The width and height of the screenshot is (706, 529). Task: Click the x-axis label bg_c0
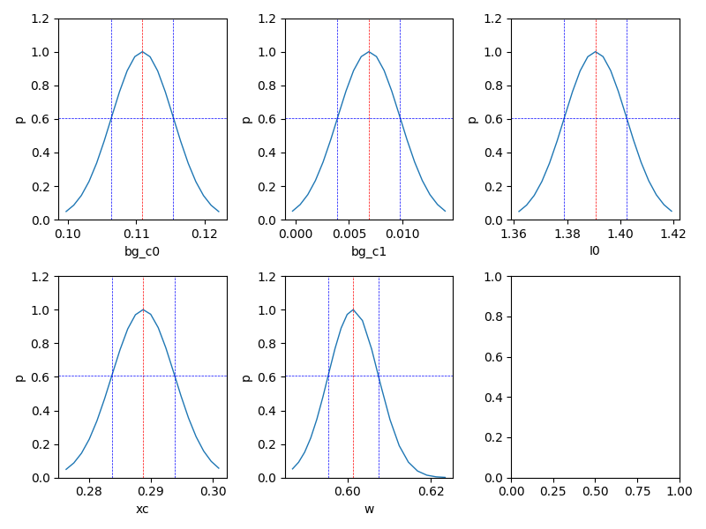(x=142, y=251)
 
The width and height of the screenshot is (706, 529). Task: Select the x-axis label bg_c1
(x=369, y=251)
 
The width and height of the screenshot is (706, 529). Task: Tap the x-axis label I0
(x=595, y=251)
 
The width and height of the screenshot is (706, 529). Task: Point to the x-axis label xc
(x=142, y=509)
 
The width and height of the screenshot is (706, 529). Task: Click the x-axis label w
(x=369, y=509)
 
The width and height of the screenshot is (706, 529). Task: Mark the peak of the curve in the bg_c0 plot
(x=142, y=51)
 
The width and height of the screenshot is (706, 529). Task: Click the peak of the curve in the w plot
(x=353, y=309)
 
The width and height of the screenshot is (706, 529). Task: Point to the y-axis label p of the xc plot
(x=19, y=376)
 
